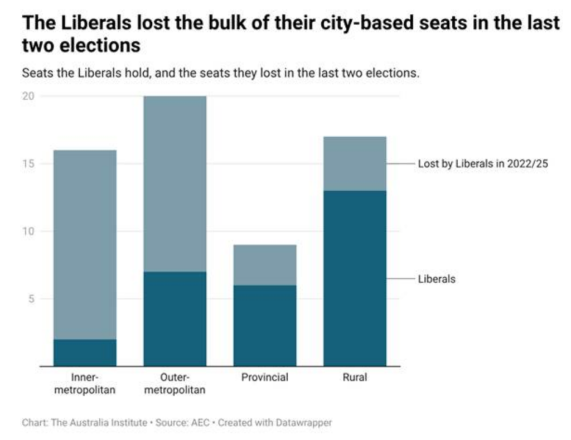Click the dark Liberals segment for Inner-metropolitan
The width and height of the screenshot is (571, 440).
click(x=85, y=352)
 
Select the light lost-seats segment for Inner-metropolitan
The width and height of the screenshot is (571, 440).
click(x=85, y=244)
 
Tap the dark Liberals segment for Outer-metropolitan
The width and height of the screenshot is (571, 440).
click(x=175, y=318)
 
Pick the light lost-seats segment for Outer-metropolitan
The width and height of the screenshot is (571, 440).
click(x=175, y=183)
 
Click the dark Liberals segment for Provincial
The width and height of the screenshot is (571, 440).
click(x=265, y=325)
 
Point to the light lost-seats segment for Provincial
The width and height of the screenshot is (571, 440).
click(x=265, y=264)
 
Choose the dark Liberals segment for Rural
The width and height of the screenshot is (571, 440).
click(x=355, y=278)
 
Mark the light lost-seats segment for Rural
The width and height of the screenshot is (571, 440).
click(x=355, y=163)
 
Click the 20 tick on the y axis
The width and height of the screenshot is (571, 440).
click(x=28, y=96)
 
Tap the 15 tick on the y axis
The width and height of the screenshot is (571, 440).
click(x=28, y=163)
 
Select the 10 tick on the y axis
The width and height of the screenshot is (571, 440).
click(x=28, y=231)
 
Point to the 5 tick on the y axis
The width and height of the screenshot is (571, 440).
click(x=31, y=298)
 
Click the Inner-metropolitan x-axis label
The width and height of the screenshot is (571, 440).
click(x=85, y=383)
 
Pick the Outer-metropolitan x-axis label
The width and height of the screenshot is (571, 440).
click(x=175, y=383)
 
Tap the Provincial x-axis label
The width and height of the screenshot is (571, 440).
click(x=265, y=377)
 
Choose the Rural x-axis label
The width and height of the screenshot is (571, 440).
click(x=355, y=377)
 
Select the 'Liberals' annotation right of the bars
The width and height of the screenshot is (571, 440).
click(x=437, y=278)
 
